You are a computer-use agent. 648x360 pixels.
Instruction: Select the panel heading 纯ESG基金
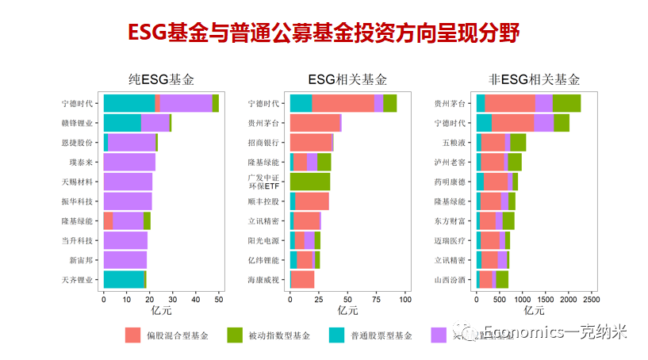click(161, 79)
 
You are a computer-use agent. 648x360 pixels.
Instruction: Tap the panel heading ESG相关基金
click(347, 79)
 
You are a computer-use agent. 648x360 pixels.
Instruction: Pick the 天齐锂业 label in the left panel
click(78, 280)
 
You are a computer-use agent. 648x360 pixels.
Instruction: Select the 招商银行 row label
click(264, 142)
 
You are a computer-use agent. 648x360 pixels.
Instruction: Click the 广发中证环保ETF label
click(264, 181)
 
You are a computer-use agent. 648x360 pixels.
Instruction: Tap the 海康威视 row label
click(264, 280)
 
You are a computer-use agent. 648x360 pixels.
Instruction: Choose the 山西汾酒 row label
click(451, 280)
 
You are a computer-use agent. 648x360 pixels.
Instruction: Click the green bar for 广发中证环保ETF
click(310, 182)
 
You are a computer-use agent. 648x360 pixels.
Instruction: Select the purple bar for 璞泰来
click(129, 162)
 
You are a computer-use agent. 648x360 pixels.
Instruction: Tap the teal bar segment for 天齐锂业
click(124, 280)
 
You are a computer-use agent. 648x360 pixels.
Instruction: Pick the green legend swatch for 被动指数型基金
click(234, 335)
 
